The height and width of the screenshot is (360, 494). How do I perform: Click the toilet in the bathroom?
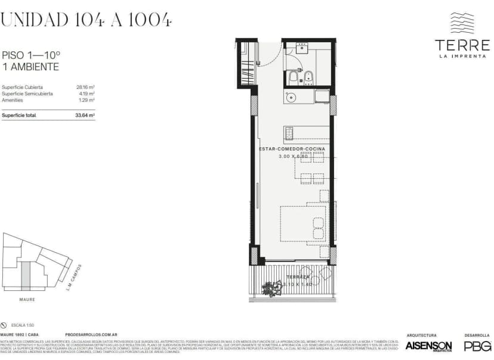click(x=294, y=77)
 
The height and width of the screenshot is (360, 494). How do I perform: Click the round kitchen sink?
click(x=292, y=97)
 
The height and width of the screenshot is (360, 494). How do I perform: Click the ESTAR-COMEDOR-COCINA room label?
click(x=292, y=148)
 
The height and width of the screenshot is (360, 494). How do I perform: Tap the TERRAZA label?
click(x=297, y=278)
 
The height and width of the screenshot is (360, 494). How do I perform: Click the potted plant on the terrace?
click(x=273, y=289)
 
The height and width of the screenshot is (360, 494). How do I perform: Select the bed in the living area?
click(x=303, y=224)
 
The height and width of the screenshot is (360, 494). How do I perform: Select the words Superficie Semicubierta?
click(x=27, y=94)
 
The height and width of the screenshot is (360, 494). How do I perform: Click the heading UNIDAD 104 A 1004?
click(x=87, y=20)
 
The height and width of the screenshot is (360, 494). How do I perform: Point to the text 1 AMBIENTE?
click(x=31, y=67)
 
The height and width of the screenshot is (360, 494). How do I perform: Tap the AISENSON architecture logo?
click(x=428, y=346)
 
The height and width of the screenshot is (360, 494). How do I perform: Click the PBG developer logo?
click(x=477, y=346)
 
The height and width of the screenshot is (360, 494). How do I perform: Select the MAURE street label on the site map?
click(x=26, y=299)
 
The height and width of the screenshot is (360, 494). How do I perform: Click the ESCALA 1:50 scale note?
click(x=21, y=325)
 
